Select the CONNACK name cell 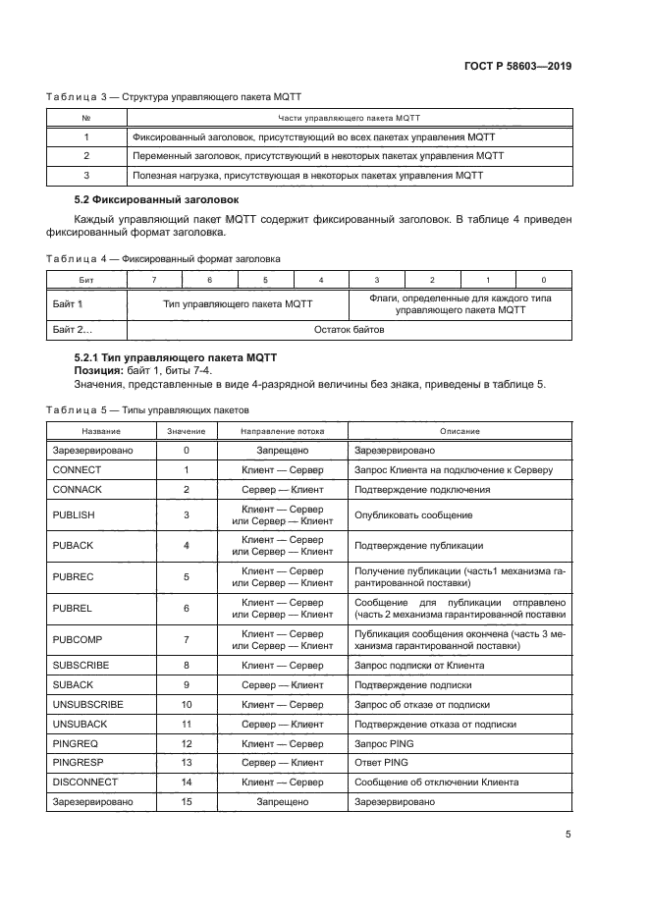click(78, 489)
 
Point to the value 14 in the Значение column click(186, 782)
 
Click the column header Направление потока click(282, 431)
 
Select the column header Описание click(460, 431)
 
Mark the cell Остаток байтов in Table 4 click(349, 329)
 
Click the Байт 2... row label click(71, 329)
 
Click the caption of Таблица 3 click(174, 96)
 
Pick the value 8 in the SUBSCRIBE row click(186, 665)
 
